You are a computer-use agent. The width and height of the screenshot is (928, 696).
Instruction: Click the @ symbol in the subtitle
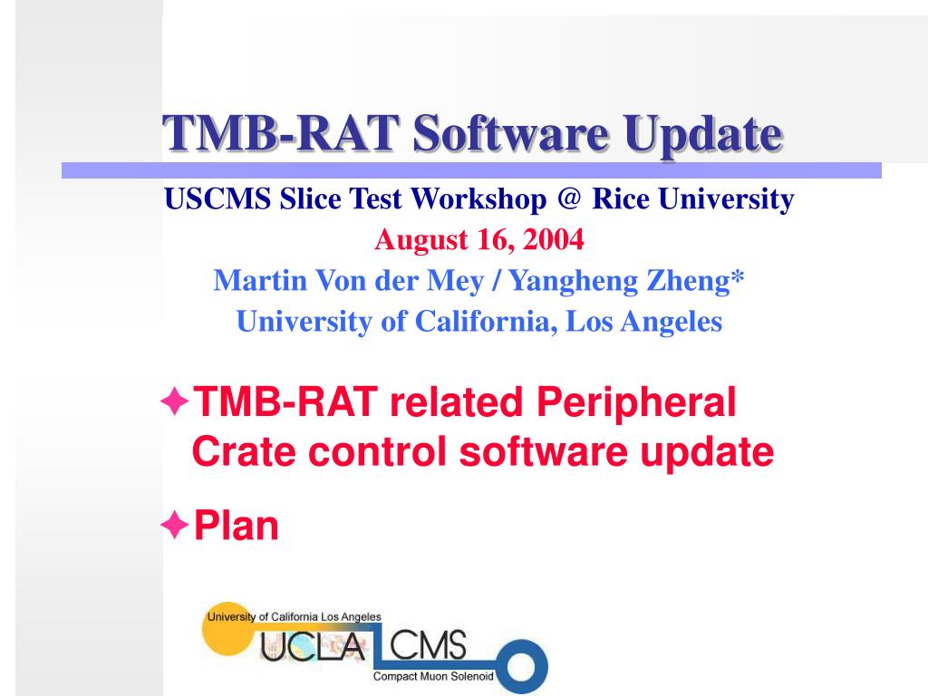(x=568, y=198)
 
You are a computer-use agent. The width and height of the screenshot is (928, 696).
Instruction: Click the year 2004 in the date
(x=555, y=240)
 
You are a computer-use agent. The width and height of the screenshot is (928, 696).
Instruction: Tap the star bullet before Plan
(x=175, y=525)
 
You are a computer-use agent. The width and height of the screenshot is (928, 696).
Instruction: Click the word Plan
(x=237, y=526)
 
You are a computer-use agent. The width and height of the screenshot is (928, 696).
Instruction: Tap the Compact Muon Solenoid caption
(x=433, y=677)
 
